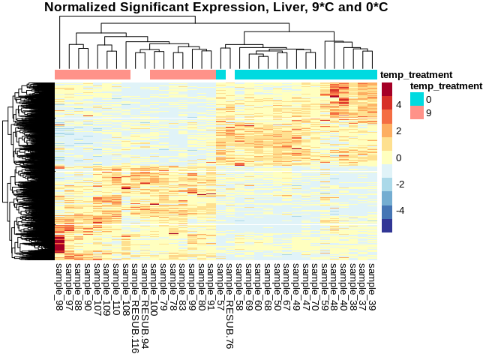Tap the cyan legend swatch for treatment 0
(416, 99)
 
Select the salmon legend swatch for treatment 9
(416, 112)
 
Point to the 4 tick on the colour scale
(400, 105)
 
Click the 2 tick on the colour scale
(400, 131)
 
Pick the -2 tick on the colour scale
(401, 184)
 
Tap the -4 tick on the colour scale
(401, 211)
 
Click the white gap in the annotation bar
(140, 75)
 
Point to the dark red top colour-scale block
(387, 89)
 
